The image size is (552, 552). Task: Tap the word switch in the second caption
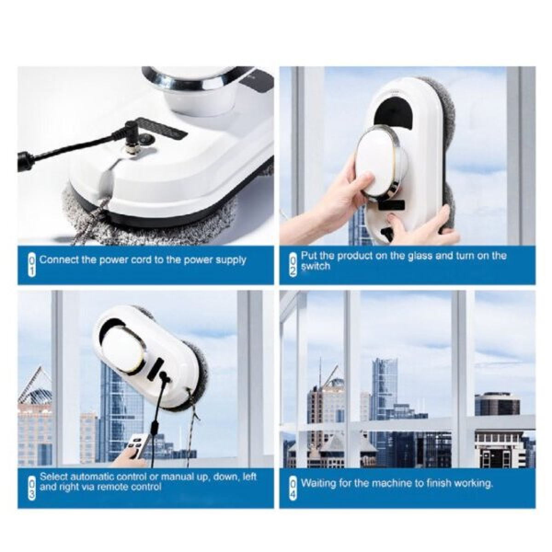pos(315,266)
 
